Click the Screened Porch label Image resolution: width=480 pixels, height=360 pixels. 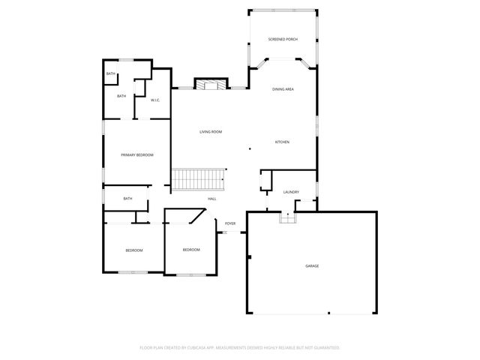[283, 39]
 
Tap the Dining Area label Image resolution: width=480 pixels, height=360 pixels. [283, 89]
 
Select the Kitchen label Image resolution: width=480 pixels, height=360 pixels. [282, 142]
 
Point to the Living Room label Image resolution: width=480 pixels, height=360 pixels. [211, 132]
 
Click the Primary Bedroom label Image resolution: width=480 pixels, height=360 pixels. [137, 154]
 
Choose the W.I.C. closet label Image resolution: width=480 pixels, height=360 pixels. [155, 100]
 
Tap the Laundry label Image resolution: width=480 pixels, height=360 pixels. [291, 192]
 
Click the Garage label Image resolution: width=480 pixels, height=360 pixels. [312, 266]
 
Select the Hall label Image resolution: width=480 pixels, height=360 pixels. [212, 199]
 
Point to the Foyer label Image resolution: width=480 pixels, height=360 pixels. [230, 223]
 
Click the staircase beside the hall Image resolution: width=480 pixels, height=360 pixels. [199, 179]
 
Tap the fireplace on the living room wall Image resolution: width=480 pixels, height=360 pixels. [210, 84]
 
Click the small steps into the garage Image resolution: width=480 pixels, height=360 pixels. [288, 217]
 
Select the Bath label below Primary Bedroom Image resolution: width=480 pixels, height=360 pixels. [127, 199]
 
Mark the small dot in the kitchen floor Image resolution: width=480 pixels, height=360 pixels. [250, 149]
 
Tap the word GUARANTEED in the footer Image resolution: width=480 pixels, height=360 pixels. [324, 348]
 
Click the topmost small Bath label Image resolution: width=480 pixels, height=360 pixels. [110, 73]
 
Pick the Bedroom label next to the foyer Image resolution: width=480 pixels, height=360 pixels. [191, 250]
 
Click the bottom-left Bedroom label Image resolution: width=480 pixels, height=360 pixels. [133, 250]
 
